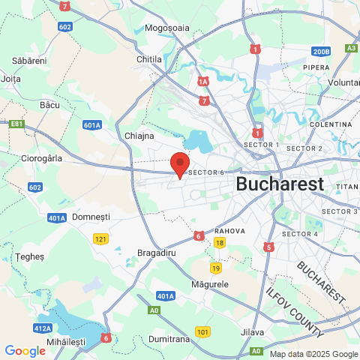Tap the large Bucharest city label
[x=279, y=184]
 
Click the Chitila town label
[x=149, y=58]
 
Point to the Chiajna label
[x=139, y=136]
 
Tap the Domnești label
[x=91, y=216]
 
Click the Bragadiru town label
[x=157, y=253]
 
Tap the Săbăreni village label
[x=30, y=60]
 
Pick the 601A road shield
[x=92, y=125]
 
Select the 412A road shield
[x=43, y=328]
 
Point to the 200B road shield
[x=321, y=52]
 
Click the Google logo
[x=25, y=350]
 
